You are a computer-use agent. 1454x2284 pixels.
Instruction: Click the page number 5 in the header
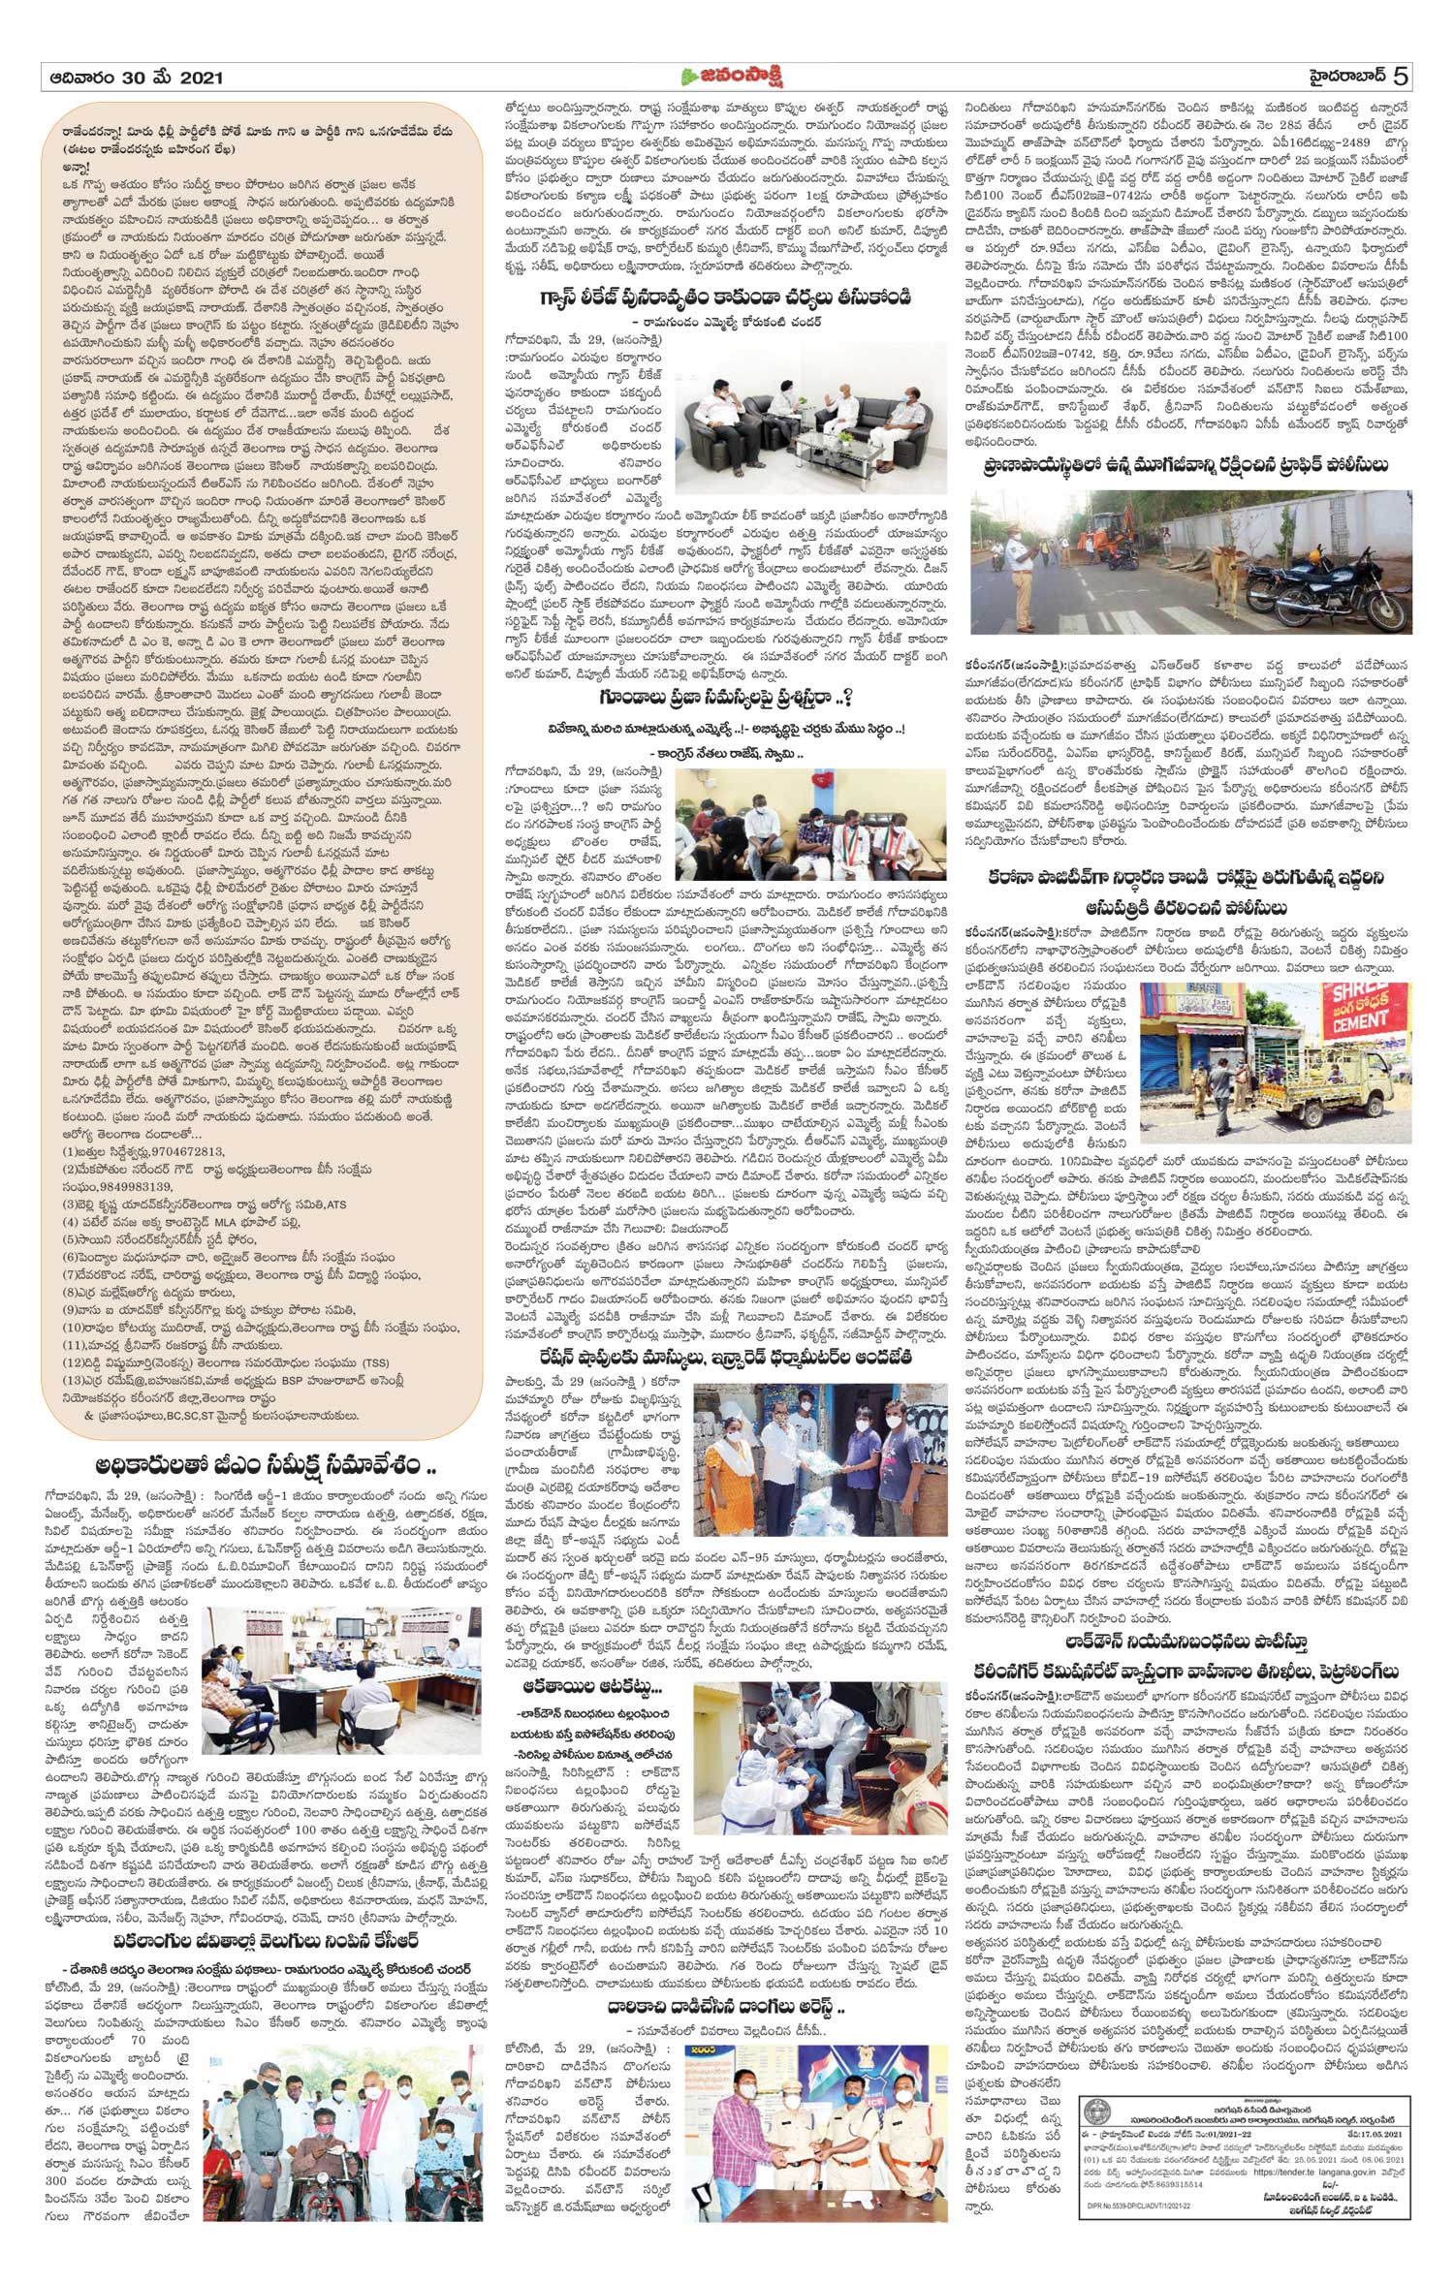(1400, 76)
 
